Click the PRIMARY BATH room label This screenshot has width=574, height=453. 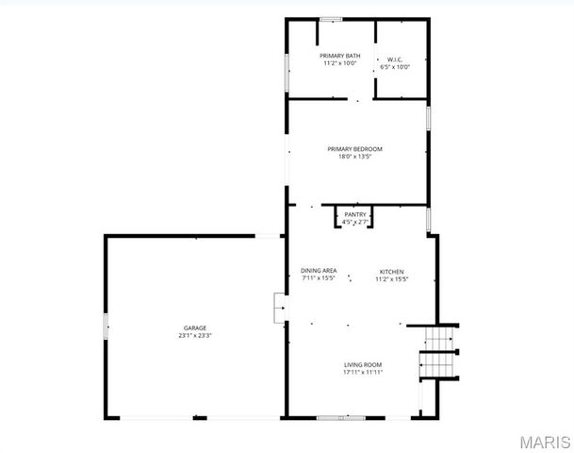pos(340,57)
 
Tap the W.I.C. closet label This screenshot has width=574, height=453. pos(395,59)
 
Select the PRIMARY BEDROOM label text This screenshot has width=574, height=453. pos(354,148)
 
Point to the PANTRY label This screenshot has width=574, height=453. pos(354,215)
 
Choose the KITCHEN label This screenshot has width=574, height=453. pos(391,271)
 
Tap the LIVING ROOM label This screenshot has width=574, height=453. pos(363,364)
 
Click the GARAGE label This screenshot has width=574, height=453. pos(195,327)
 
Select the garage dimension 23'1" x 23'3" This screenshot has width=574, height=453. pos(195,335)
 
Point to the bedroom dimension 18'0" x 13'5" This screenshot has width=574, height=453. pos(354,157)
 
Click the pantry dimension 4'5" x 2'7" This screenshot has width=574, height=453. pos(354,223)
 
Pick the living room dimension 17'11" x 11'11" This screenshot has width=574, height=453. pos(363,372)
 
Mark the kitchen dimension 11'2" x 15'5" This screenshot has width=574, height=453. pos(391,279)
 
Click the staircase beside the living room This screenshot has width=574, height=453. pos(439,350)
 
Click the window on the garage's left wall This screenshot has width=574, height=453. pos(106,329)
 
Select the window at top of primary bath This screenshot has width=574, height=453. pos(330,19)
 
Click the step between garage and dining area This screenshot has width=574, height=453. pos(279,309)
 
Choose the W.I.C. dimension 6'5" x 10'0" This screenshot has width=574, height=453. pos(395,67)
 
